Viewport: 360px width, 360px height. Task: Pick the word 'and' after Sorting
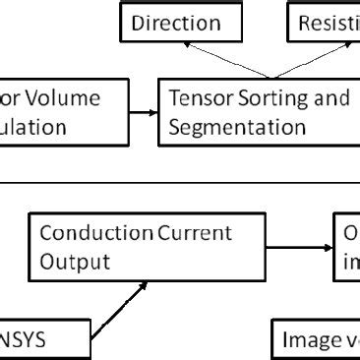click(x=332, y=98)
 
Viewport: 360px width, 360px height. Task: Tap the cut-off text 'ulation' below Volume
click(x=33, y=127)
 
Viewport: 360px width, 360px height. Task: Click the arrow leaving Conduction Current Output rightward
click(x=295, y=247)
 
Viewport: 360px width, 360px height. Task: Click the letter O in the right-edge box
click(x=352, y=234)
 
